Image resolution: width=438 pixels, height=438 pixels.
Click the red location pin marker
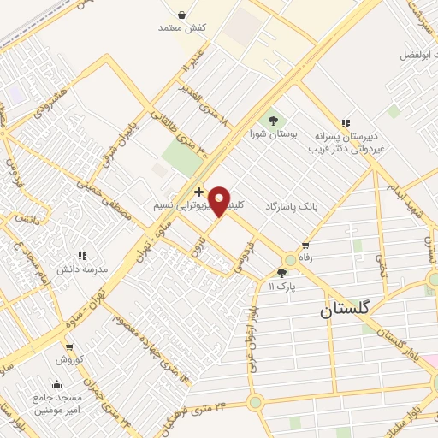click(220, 201)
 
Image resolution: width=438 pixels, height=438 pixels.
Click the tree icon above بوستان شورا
click(274, 121)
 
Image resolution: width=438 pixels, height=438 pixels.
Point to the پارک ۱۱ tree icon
click(281, 273)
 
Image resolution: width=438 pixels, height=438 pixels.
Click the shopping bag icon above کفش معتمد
click(181, 14)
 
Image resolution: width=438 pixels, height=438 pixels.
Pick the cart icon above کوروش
click(69, 347)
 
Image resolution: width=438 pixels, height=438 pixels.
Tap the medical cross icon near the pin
click(198, 191)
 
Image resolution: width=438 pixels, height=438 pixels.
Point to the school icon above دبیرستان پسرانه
click(346, 123)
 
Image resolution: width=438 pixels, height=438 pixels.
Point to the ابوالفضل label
click(417, 55)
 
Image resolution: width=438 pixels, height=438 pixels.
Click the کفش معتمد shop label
click(183, 28)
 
